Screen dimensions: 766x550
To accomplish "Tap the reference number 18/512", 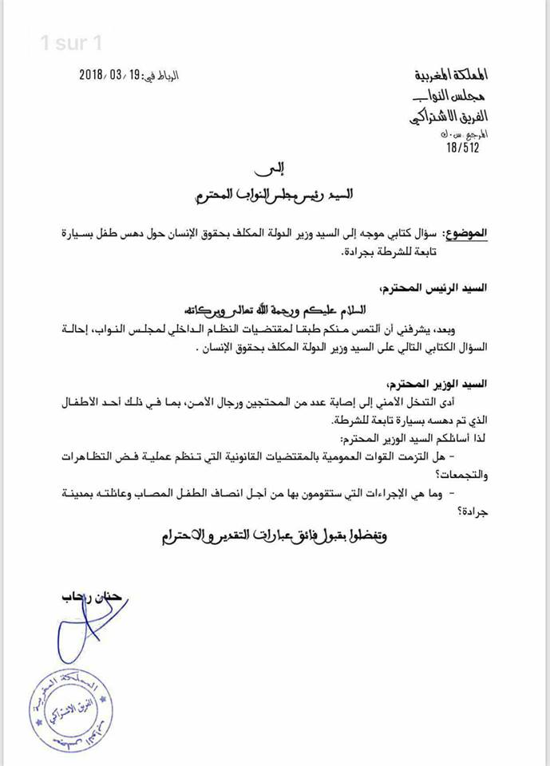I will [x=470, y=146].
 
